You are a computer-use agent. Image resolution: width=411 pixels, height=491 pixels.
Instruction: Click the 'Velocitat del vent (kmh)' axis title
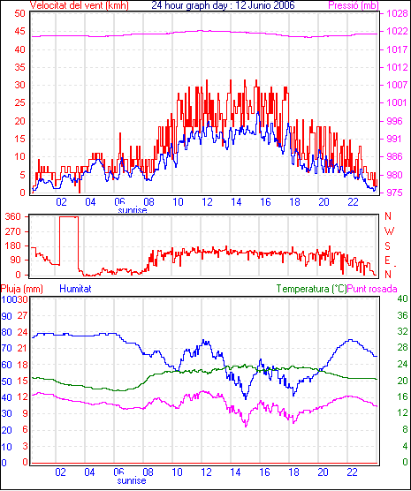pyautogui.click(x=79, y=5)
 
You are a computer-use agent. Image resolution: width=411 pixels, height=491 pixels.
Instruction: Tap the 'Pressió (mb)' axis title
pyautogui.click(x=354, y=5)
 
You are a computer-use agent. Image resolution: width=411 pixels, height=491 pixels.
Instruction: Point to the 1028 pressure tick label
pyautogui.click(x=397, y=13)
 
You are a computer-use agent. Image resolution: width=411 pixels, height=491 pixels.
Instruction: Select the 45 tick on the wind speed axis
pyautogui.click(x=19, y=31)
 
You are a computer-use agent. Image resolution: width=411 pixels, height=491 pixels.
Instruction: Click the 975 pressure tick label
pyautogui.click(x=397, y=193)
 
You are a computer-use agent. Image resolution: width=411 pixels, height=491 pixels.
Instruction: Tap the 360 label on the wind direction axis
pyautogui.click(x=13, y=216)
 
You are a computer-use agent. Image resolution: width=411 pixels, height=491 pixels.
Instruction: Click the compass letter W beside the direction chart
pyautogui.click(x=389, y=231)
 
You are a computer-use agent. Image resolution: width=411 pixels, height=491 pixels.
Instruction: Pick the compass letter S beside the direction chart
pyautogui.click(x=388, y=246)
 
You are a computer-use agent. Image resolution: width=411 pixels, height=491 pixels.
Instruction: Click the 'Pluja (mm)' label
pyautogui.click(x=21, y=289)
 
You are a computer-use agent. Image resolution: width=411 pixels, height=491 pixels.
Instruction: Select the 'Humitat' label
pyautogui.click(x=75, y=288)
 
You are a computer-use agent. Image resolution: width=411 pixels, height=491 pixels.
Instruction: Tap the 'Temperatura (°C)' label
pyautogui.click(x=312, y=289)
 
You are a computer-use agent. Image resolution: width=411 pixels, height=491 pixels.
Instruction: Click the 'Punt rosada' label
pyautogui.click(x=372, y=289)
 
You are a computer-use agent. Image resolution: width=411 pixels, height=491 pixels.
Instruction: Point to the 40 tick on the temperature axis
pyautogui.click(x=402, y=298)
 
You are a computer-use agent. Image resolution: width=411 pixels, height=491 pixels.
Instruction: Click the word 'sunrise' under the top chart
pyautogui.click(x=133, y=210)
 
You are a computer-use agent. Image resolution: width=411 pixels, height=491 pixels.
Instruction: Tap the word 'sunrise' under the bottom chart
pyautogui.click(x=132, y=480)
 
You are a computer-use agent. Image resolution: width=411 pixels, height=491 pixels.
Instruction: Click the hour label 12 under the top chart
pyautogui.click(x=207, y=202)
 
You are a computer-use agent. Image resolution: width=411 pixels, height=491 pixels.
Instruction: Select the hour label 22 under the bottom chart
pyautogui.click(x=352, y=472)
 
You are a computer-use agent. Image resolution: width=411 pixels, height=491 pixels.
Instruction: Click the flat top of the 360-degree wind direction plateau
pyautogui.click(x=69, y=216)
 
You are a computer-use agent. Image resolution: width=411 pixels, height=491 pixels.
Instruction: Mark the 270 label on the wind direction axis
pyautogui.click(x=13, y=231)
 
